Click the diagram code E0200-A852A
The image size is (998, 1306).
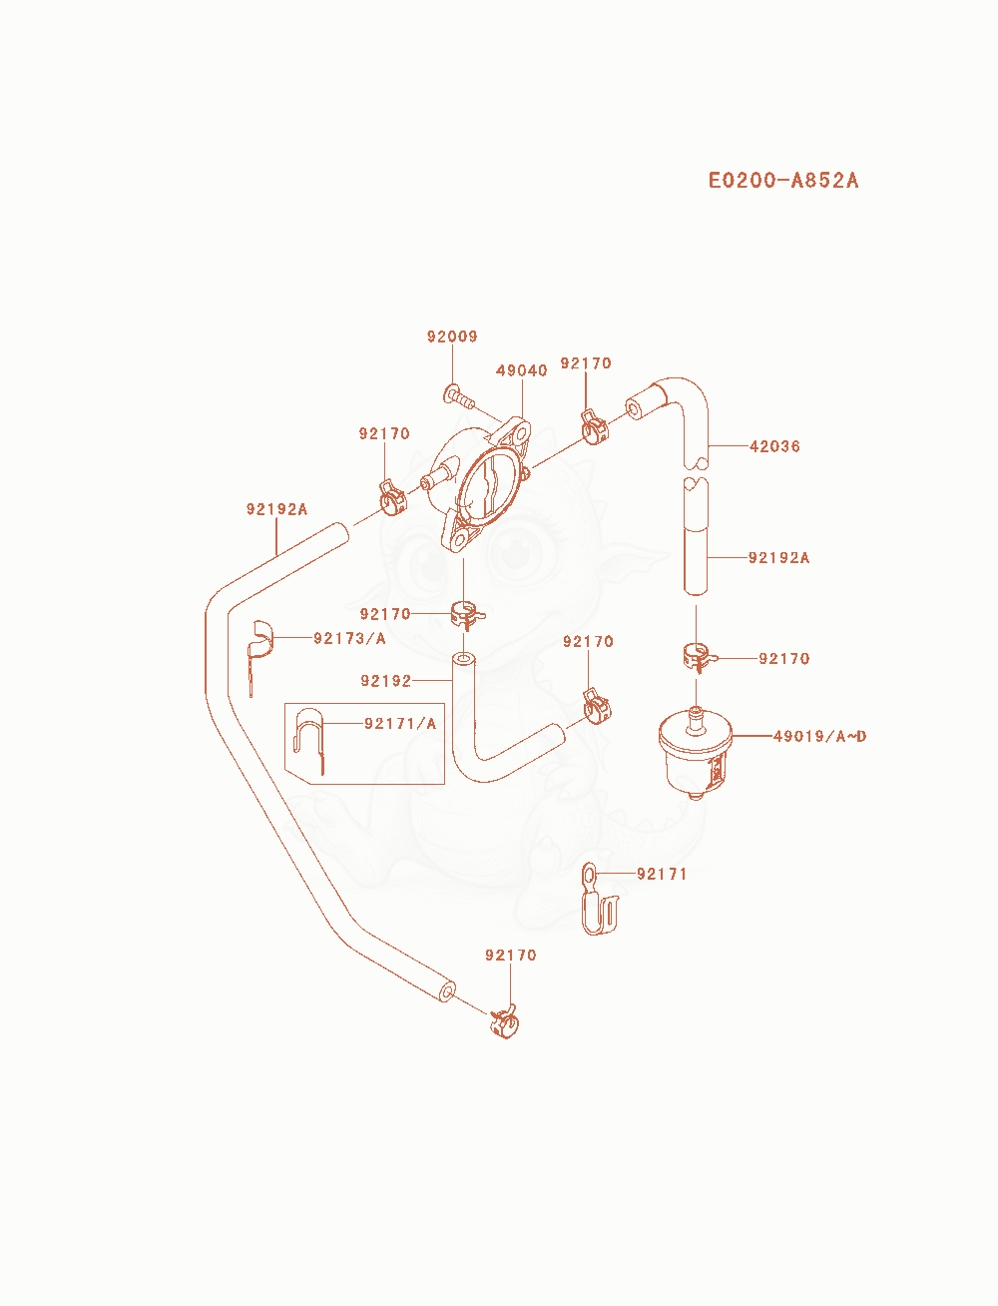(782, 181)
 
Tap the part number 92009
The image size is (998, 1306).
(452, 336)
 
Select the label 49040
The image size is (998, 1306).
(522, 370)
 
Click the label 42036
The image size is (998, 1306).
(774, 446)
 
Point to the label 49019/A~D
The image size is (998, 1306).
(819, 736)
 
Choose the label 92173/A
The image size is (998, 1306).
(349, 638)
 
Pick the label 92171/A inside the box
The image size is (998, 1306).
(400, 724)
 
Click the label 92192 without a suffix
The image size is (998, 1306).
(386, 681)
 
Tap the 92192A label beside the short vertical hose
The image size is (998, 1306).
(778, 557)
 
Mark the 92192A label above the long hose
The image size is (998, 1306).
(276, 509)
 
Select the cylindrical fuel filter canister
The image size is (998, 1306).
(696, 753)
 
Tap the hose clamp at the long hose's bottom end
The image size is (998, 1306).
(504, 1022)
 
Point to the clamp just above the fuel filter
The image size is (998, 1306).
(700, 657)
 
